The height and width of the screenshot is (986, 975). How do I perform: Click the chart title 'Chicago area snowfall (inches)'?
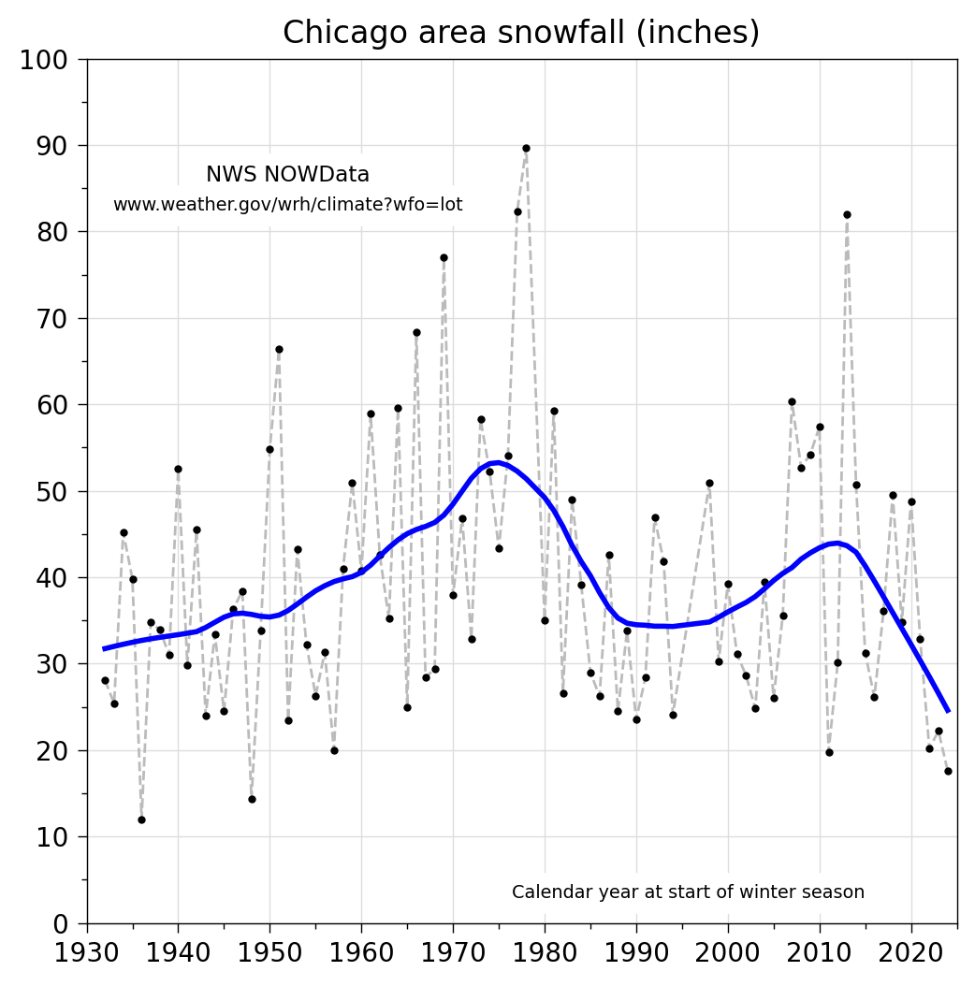tap(521, 33)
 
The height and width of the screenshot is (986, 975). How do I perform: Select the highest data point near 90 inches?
tap(526, 148)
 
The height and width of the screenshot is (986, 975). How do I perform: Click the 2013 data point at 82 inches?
tap(847, 214)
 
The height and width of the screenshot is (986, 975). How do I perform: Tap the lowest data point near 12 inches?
tap(141, 819)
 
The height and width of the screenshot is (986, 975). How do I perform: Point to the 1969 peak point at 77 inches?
tap(444, 257)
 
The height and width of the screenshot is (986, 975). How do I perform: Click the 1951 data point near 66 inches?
tap(279, 349)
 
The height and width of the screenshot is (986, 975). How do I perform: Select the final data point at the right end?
tap(948, 771)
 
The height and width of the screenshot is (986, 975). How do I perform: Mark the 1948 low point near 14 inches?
tap(252, 799)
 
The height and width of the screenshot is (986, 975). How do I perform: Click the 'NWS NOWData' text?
tap(287, 175)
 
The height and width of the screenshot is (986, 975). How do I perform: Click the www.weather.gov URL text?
tap(287, 205)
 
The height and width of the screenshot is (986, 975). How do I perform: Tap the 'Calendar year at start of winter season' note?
tap(688, 892)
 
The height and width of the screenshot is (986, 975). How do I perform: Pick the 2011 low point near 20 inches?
tap(829, 752)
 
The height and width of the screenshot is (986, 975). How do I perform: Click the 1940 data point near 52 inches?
tap(178, 469)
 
